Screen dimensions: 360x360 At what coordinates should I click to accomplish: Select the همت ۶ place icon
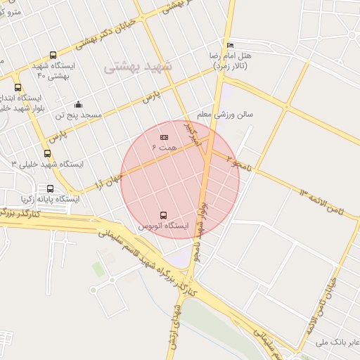tap(165, 136)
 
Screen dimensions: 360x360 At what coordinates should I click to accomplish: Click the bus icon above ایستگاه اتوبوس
tap(164, 215)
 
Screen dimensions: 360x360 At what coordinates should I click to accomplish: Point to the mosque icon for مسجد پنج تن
tap(77, 105)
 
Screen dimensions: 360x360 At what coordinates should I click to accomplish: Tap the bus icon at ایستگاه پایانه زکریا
tap(50, 188)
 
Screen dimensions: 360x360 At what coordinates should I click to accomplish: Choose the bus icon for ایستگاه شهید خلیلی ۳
tap(47, 153)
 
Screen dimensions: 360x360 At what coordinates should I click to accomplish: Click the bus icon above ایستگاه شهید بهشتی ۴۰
tap(53, 56)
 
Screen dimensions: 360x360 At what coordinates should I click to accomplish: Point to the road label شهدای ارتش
tap(174, 326)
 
